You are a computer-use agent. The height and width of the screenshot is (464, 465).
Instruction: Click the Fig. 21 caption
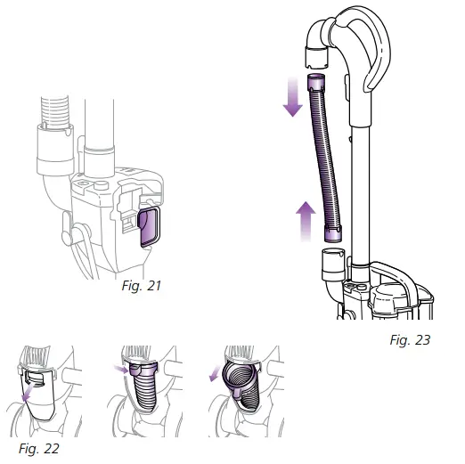coord(142,286)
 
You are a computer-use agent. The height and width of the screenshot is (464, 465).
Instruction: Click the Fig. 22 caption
coord(39,448)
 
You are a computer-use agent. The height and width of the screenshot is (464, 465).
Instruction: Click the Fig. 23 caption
coord(410,340)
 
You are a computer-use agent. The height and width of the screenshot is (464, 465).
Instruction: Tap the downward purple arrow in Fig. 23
coord(293,97)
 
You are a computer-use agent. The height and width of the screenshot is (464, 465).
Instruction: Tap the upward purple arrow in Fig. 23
coord(306,221)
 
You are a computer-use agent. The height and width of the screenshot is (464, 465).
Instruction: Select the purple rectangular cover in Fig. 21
coord(150,227)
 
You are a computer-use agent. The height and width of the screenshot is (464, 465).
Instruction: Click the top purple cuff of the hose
coord(316,83)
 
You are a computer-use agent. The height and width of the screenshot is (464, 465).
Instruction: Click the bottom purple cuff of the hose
coord(332,233)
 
